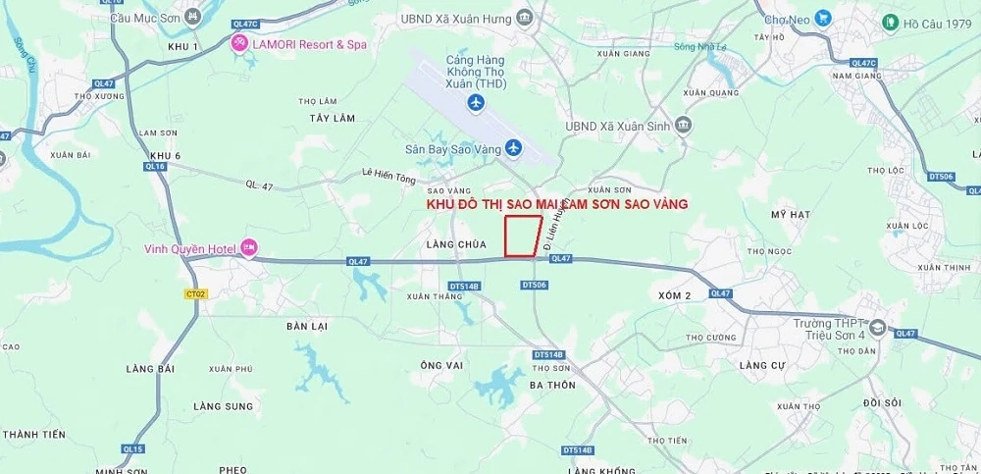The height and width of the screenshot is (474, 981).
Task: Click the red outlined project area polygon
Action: pyautogui.click(x=522, y=237)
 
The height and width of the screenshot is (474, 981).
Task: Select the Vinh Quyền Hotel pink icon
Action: pyautogui.click(x=249, y=248)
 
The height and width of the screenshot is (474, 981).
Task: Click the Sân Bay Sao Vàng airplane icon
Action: pyautogui.click(x=513, y=149)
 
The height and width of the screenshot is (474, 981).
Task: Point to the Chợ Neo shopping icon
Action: pyautogui.click(x=821, y=18)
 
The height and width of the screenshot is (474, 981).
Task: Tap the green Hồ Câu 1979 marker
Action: pyautogui.click(x=890, y=22)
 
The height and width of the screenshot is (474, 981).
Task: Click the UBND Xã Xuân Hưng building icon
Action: pyautogui.click(x=525, y=19)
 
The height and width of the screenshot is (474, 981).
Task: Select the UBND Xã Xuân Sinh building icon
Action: pyautogui.click(x=684, y=125)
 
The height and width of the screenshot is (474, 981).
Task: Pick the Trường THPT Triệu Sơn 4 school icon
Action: pyautogui.click(x=876, y=328)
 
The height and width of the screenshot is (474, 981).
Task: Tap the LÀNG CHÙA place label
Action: pyautogui.click(x=451, y=241)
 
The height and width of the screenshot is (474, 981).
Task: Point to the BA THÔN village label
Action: pyautogui.click(x=551, y=385)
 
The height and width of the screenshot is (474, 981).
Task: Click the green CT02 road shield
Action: pyautogui.click(x=194, y=293)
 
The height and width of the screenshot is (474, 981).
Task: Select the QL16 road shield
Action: pyautogui.click(x=155, y=167)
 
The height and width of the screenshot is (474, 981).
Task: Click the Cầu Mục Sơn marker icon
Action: pyautogui.click(x=191, y=18)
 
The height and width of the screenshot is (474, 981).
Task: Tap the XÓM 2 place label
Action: pyautogui.click(x=675, y=295)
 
